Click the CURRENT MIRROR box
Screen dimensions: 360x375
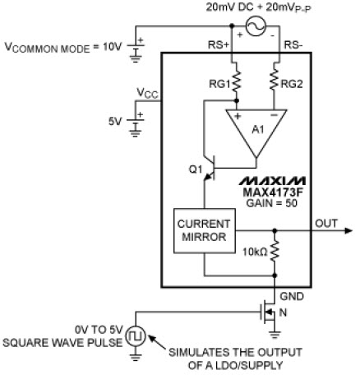(x=205, y=230)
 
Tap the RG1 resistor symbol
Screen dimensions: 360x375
(x=237, y=80)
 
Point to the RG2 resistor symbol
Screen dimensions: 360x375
(x=274, y=80)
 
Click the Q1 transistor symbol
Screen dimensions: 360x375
(x=210, y=168)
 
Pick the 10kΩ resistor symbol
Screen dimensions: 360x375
(x=275, y=251)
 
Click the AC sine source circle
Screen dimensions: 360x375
(x=256, y=26)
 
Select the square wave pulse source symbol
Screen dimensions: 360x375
(x=136, y=336)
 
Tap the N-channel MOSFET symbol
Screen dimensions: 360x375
(x=268, y=312)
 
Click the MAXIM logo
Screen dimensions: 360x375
(x=272, y=181)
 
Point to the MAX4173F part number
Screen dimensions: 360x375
(x=273, y=192)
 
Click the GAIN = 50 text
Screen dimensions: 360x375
(x=271, y=203)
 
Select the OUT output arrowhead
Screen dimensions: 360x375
(x=348, y=230)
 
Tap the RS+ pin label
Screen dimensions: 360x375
(x=219, y=45)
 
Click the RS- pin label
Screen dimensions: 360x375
(x=293, y=45)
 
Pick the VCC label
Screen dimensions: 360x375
(x=147, y=93)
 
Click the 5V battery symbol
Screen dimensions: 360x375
(x=136, y=123)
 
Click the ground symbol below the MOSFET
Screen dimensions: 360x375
(x=275, y=335)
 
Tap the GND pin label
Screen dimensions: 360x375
(x=292, y=296)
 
